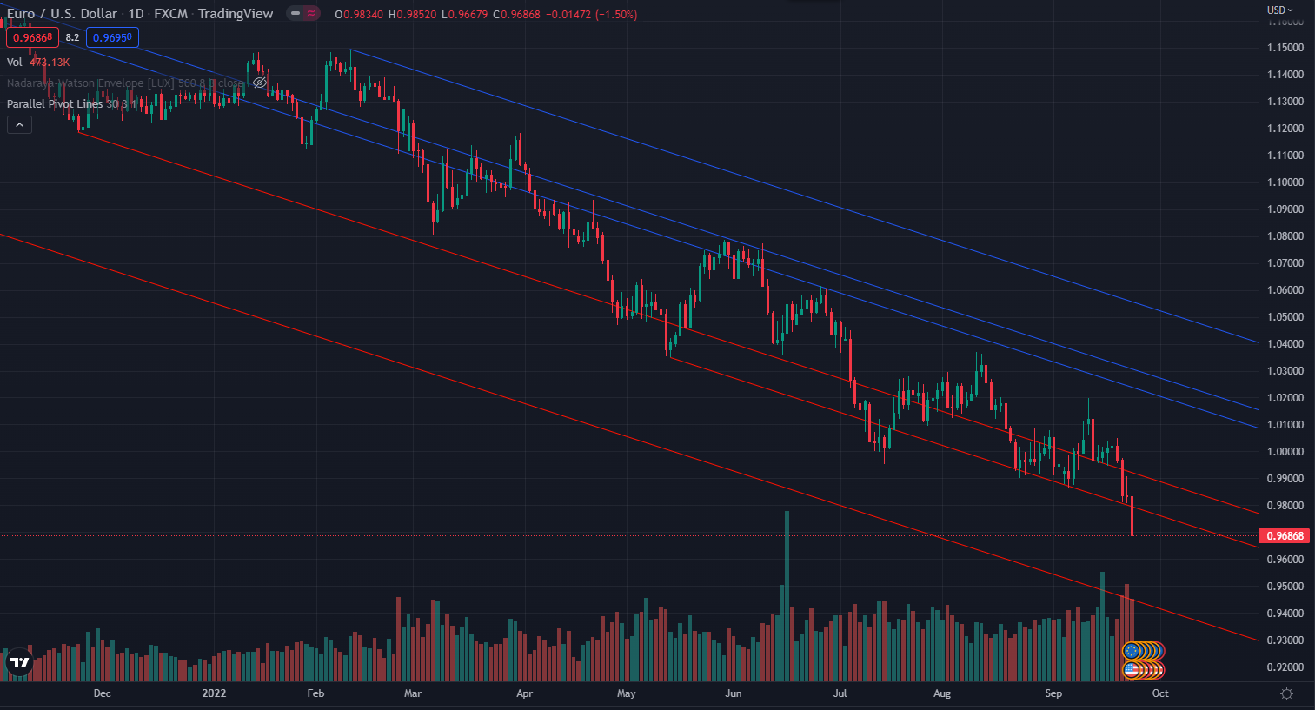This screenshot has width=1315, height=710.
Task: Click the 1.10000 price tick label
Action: tap(1285, 182)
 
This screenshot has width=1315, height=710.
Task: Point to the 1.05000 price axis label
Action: tap(1285, 317)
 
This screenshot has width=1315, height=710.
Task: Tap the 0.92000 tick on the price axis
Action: tap(1285, 667)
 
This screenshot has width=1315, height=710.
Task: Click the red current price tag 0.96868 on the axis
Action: tap(1285, 536)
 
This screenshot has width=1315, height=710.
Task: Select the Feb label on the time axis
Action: tap(315, 693)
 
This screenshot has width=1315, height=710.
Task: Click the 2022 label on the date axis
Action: tap(214, 693)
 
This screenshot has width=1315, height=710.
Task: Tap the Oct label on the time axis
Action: tap(1160, 693)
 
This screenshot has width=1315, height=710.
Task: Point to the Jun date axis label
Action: tap(734, 693)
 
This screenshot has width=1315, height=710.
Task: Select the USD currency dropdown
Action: tap(1279, 10)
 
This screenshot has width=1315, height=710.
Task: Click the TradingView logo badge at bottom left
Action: tap(19, 663)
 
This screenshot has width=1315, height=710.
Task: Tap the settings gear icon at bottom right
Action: tap(1286, 693)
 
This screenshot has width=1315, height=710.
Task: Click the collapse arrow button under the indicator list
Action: tap(19, 125)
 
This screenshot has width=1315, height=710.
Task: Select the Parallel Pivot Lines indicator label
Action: tap(55, 104)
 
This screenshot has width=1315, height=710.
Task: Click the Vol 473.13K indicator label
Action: tap(38, 63)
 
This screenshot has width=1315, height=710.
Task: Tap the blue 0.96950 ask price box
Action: tap(112, 37)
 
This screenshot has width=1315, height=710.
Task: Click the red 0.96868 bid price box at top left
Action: tap(32, 37)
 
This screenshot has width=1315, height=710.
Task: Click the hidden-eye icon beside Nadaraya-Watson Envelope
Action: tap(259, 83)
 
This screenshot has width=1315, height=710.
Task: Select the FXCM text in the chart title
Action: tap(170, 14)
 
